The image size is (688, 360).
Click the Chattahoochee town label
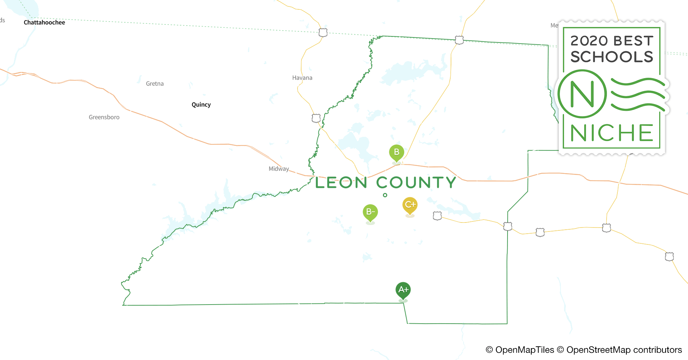point(44,22)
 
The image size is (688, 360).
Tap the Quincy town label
point(201,105)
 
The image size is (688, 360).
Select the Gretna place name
point(155,84)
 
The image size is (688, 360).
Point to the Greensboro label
point(104,117)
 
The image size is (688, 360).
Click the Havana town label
point(302,78)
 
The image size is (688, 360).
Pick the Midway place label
point(279,168)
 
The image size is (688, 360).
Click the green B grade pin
point(397,152)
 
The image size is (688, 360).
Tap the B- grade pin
point(370,212)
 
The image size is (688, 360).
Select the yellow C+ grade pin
point(410,205)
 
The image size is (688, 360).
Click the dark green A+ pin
point(403,290)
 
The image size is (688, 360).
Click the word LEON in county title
point(341,183)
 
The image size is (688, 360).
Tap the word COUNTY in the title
point(416,183)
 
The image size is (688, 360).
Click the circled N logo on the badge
point(582,94)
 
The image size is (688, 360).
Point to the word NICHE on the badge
point(611,133)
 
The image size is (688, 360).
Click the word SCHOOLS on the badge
point(612,57)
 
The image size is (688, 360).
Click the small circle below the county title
point(385,195)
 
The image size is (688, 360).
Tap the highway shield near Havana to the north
point(323,32)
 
